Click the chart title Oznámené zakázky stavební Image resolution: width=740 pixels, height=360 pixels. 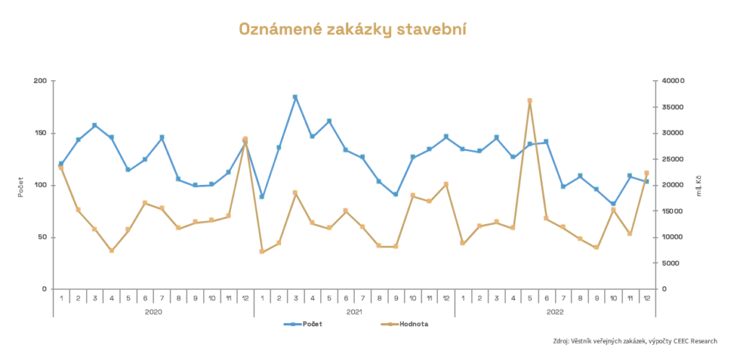point(353,29)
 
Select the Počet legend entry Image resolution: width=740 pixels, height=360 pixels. point(303,324)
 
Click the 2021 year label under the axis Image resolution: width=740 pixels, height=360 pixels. point(354,312)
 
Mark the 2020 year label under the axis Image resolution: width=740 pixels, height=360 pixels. point(153,312)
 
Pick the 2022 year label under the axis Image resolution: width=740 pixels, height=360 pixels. point(555,312)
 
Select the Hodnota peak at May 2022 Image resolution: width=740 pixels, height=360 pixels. point(530,101)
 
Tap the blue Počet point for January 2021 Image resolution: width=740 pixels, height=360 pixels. point(262,197)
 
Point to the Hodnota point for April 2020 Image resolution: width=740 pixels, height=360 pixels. point(111,251)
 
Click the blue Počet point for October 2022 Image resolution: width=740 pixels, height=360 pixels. point(614,205)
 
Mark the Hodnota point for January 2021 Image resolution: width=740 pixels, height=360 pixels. point(262,252)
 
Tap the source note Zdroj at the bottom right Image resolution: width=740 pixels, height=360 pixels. point(632,340)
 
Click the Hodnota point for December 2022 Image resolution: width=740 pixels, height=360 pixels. point(647,173)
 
